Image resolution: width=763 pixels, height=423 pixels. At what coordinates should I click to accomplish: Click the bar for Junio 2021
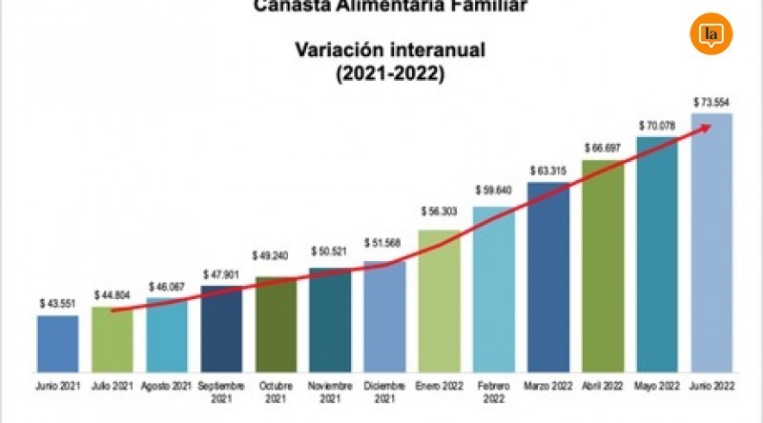[57, 343]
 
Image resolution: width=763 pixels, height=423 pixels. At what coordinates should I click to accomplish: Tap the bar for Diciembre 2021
[384, 314]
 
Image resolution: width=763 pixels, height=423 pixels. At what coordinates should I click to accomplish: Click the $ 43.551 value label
[57, 303]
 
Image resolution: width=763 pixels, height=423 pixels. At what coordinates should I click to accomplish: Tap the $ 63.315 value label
[547, 171]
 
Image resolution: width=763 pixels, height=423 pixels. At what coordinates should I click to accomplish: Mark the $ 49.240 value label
[276, 256]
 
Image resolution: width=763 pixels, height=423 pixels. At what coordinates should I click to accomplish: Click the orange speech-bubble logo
[711, 35]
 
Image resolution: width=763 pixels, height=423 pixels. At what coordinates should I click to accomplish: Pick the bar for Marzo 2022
[547, 276]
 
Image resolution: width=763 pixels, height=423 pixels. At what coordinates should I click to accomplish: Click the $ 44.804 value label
[113, 294]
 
